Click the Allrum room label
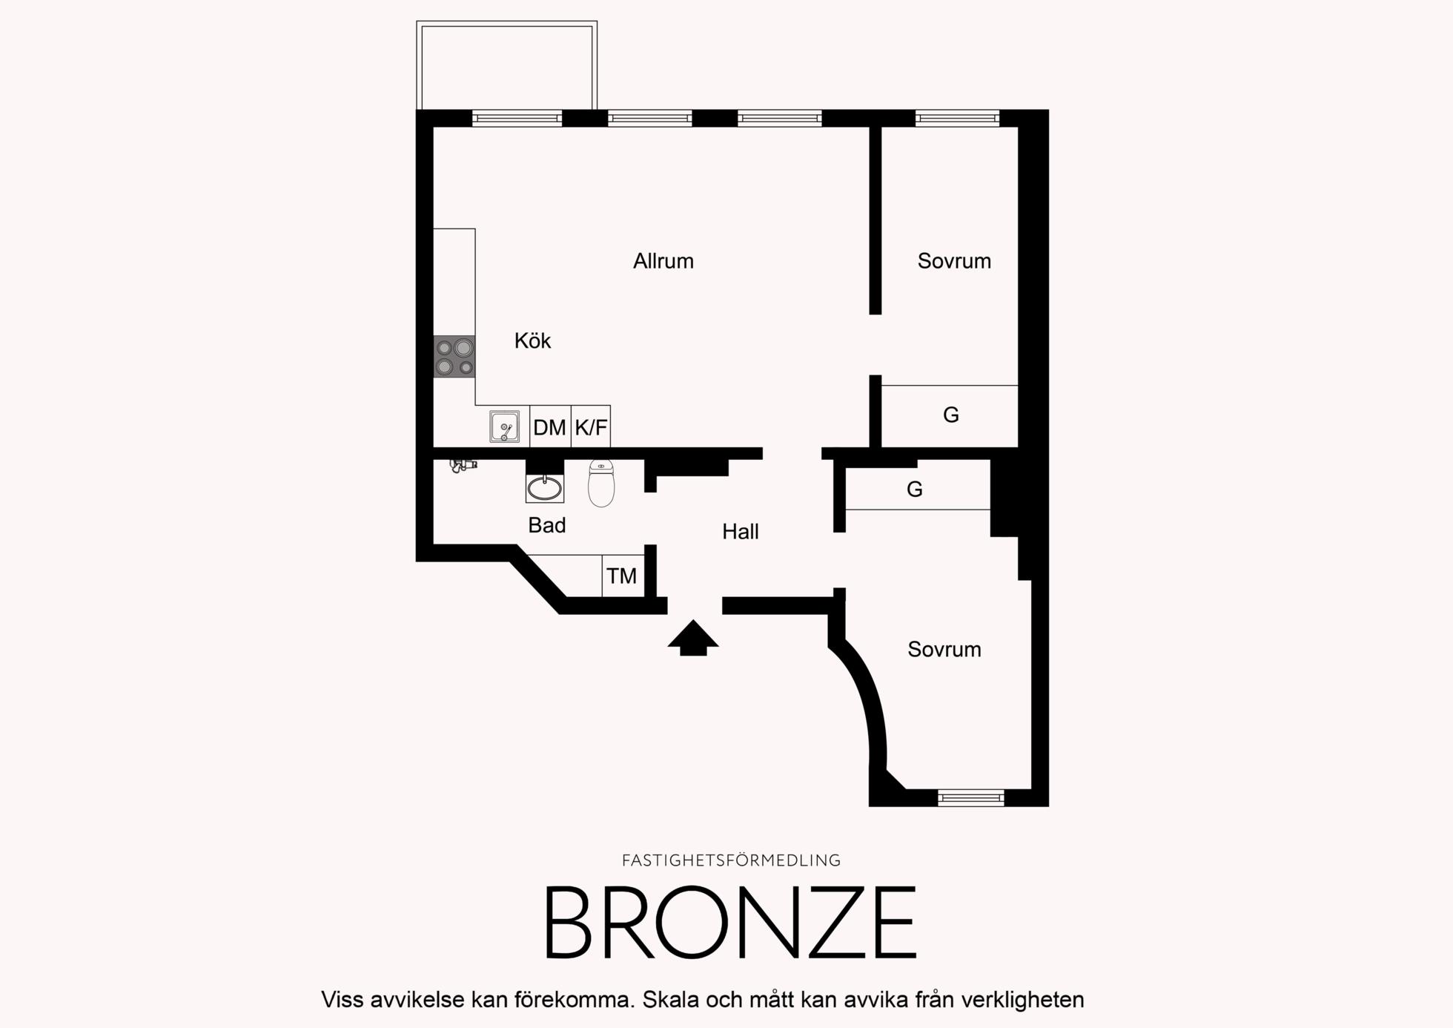(x=663, y=261)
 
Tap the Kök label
(x=532, y=340)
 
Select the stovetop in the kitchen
(x=454, y=357)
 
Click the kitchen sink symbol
(x=504, y=426)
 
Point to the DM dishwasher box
(x=550, y=426)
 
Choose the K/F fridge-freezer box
(x=591, y=426)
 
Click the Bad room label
(x=547, y=525)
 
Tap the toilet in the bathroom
(x=601, y=484)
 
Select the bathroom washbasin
(x=545, y=487)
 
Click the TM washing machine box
(x=623, y=576)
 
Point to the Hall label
(x=741, y=531)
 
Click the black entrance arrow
(x=693, y=638)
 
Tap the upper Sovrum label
(x=954, y=261)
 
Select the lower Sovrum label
(x=944, y=649)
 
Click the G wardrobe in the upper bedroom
(x=950, y=416)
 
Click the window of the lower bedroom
(x=971, y=798)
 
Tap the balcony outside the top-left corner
(x=507, y=65)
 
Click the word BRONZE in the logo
(x=731, y=923)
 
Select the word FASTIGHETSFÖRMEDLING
(x=731, y=860)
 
